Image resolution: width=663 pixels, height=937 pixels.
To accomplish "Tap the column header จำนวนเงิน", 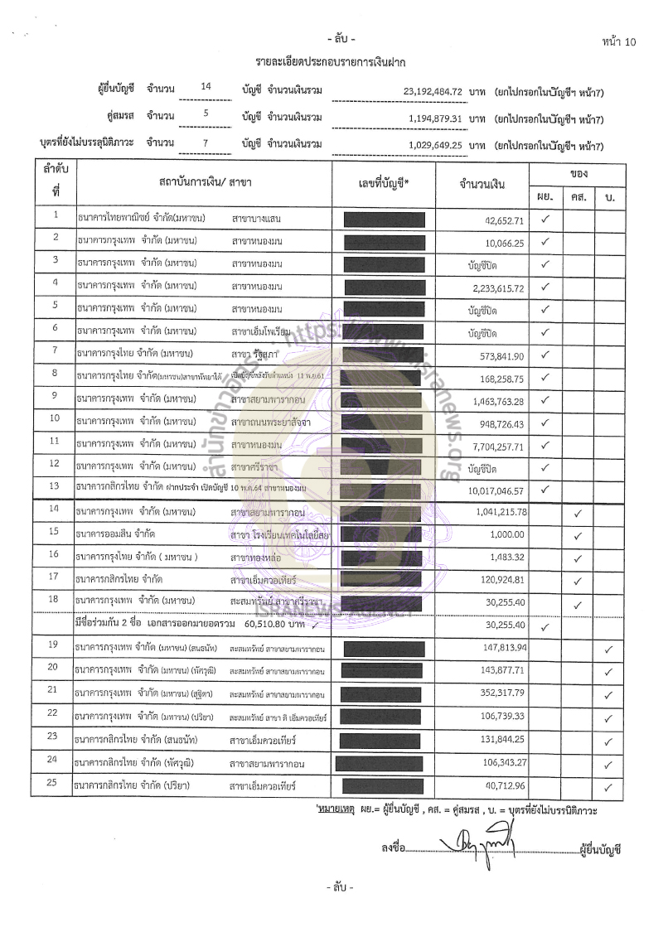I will [x=482, y=184].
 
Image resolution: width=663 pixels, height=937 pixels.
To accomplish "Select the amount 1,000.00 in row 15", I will [x=506, y=534].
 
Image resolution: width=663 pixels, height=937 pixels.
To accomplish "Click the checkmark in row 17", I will [x=578, y=579].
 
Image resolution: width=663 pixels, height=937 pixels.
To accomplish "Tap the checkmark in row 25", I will [x=608, y=786].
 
